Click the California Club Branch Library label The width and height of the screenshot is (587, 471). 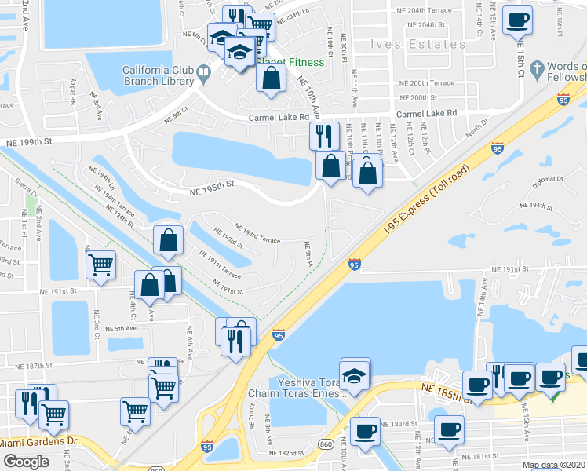(158, 75)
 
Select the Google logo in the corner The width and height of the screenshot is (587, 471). (26, 462)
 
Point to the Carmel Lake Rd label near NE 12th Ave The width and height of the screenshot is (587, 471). (426, 114)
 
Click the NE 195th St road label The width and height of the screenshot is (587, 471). (212, 184)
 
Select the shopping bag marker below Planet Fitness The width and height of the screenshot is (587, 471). (271, 78)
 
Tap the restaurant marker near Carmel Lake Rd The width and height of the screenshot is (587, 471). (324, 137)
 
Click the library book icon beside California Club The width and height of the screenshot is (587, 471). (204, 75)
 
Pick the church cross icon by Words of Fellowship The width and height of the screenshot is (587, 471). (536, 71)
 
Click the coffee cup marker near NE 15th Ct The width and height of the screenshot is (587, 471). (517, 20)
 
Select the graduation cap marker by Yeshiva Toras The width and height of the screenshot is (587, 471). (355, 375)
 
